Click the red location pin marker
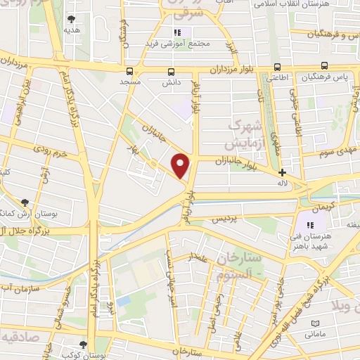pos(181,165)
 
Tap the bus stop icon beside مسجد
pos(129,71)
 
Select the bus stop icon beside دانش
pos(171,71)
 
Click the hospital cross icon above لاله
pos(283,172)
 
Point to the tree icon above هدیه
pos(70,19)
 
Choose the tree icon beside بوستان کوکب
pos(84,345)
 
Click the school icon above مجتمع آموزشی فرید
pos(178,32)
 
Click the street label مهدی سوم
pos(336,151)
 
